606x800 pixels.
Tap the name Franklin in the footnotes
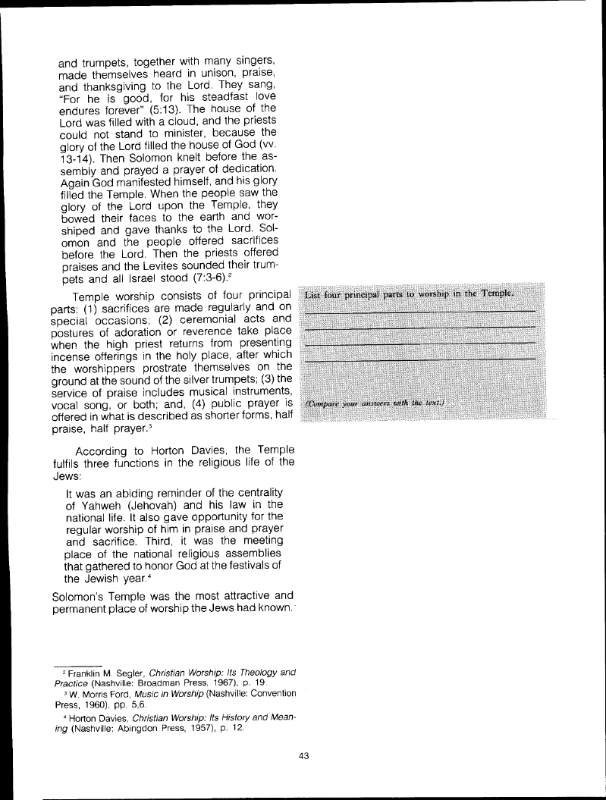[x=89, y=673]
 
